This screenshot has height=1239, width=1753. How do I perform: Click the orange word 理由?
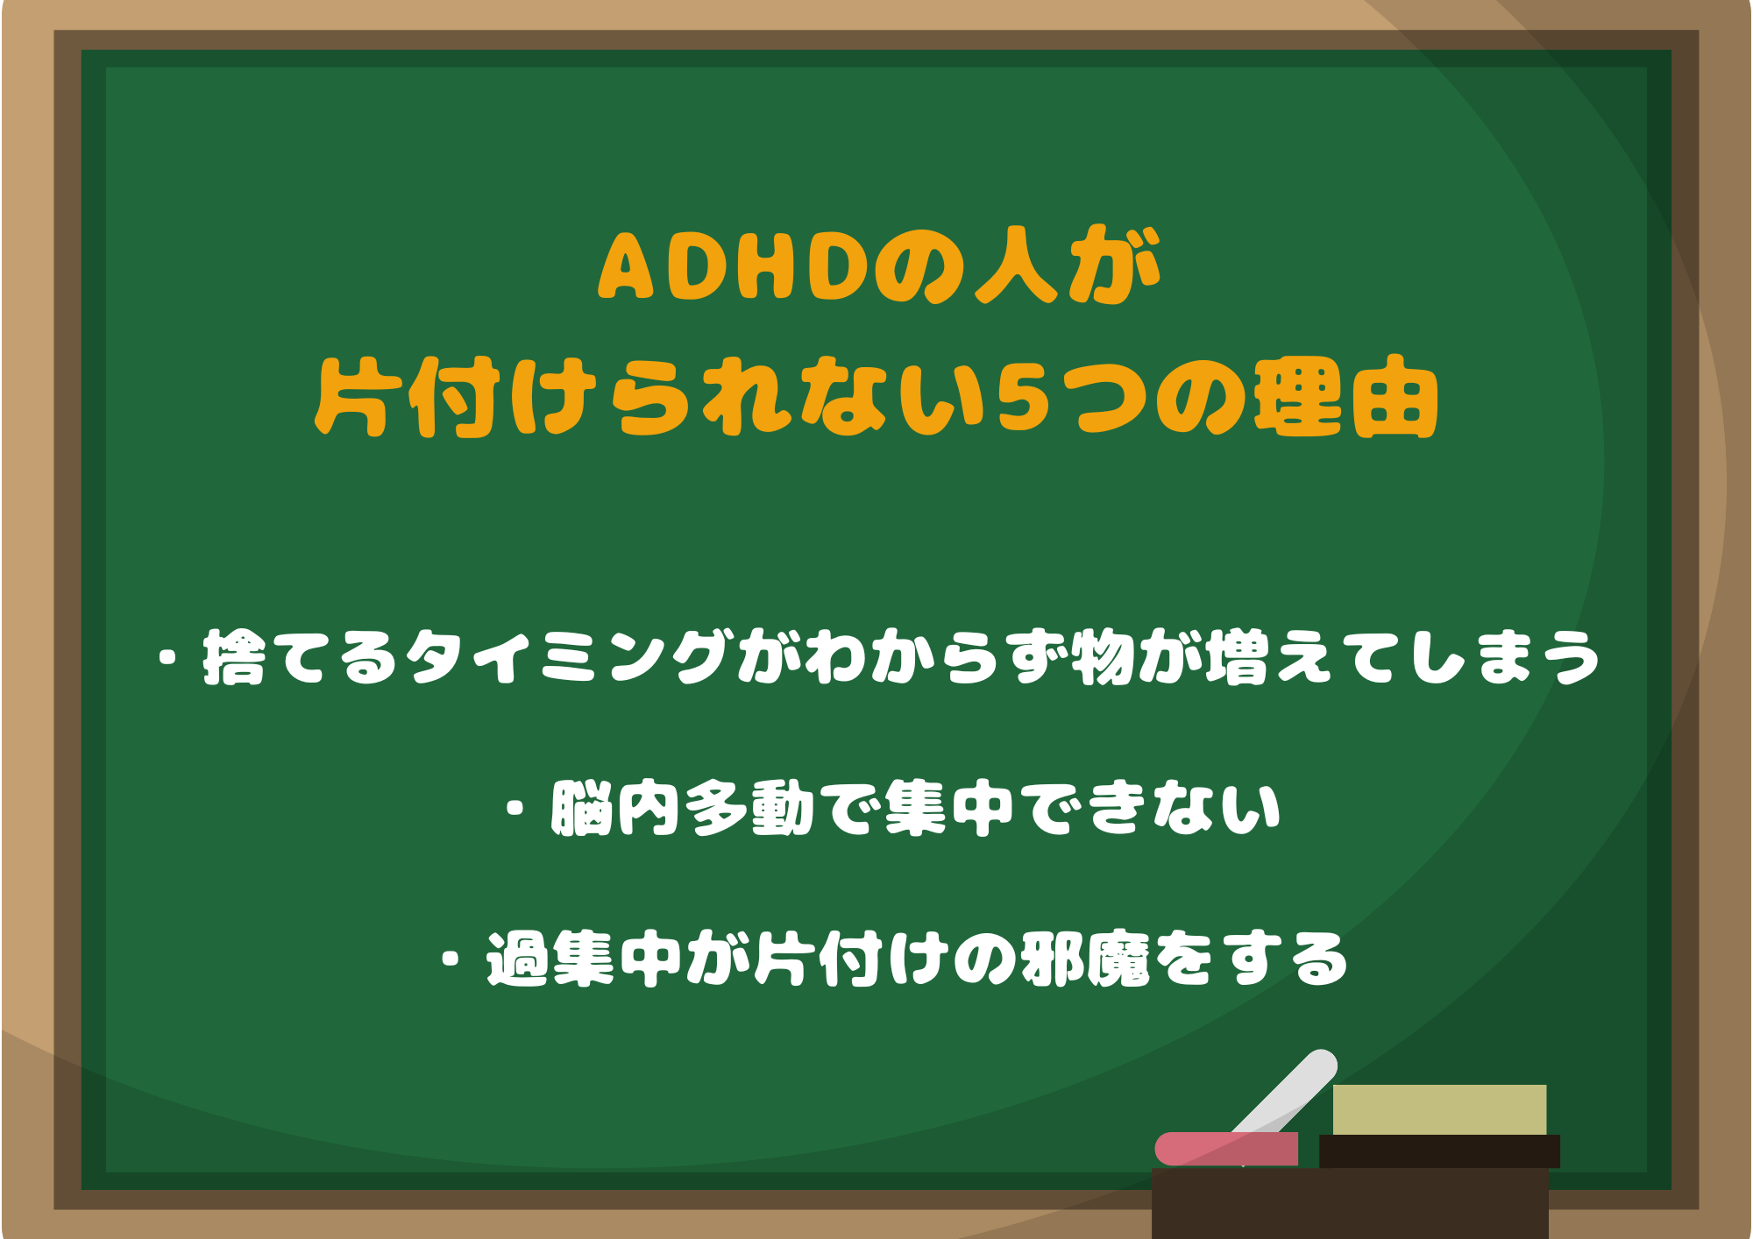(x=1346, y=399)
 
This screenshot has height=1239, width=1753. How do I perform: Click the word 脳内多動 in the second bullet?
(x=684, y=808)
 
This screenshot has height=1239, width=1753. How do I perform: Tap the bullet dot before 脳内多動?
(x=516, y=808)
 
